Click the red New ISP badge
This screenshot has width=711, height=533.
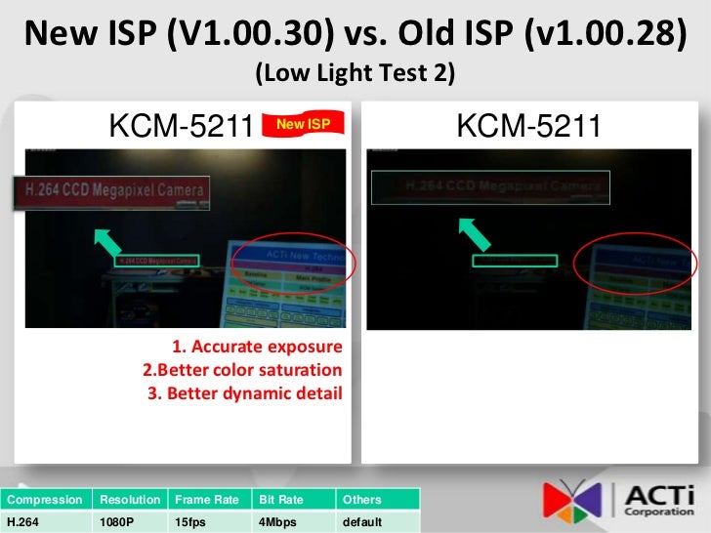point(304,126)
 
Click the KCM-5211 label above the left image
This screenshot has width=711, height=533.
point(181,127)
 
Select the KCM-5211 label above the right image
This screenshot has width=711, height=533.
point(528,127)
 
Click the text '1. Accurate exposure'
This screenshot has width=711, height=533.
point(257,348)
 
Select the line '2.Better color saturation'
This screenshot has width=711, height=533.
point(242,371)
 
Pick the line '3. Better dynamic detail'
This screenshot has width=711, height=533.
point(245,394)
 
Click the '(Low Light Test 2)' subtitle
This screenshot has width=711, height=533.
point(355,73)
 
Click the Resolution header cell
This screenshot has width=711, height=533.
point(129,500)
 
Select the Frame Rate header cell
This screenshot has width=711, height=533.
point(207,500)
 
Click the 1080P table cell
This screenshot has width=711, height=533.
point(116,522)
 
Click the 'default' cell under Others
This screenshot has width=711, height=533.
point(362,522)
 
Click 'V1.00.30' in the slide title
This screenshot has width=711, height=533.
point(255,35)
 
